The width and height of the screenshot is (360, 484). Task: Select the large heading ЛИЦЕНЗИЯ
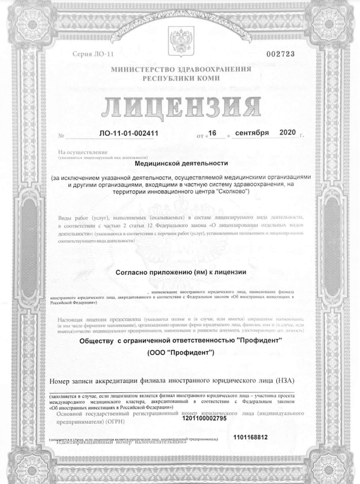180,104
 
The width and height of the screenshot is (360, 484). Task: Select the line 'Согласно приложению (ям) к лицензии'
180,272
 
